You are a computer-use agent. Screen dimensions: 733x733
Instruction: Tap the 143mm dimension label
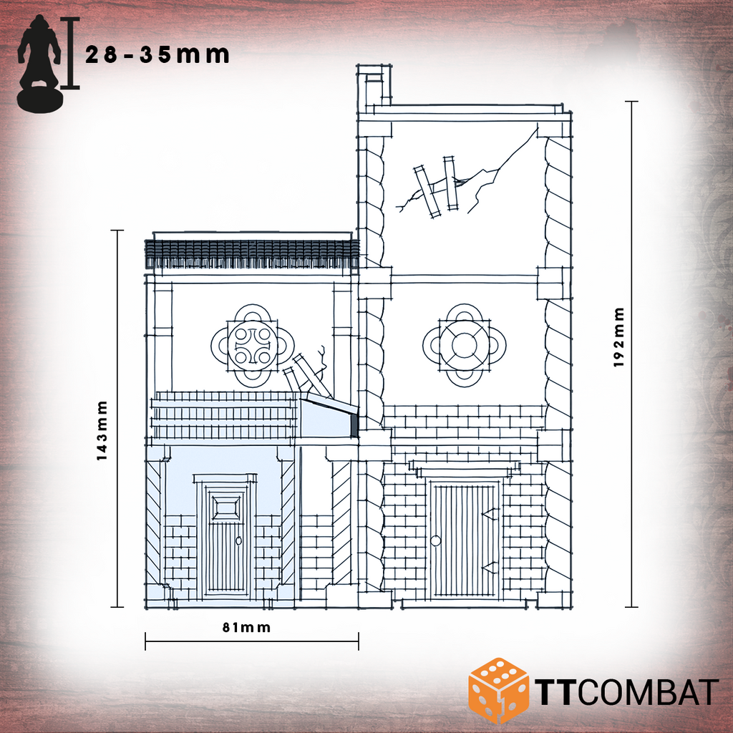(102, 430)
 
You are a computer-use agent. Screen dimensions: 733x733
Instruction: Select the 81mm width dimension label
(246, 627)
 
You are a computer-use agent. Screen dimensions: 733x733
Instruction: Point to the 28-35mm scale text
(157, 54)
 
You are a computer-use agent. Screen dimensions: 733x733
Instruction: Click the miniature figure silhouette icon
(39, 64)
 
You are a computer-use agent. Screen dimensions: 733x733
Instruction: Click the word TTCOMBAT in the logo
(626, 692)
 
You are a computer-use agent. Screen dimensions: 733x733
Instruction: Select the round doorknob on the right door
(435, 541)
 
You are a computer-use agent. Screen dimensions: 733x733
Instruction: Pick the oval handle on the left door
(239, 541)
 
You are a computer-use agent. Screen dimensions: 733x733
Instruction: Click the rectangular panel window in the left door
(226, 508)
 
